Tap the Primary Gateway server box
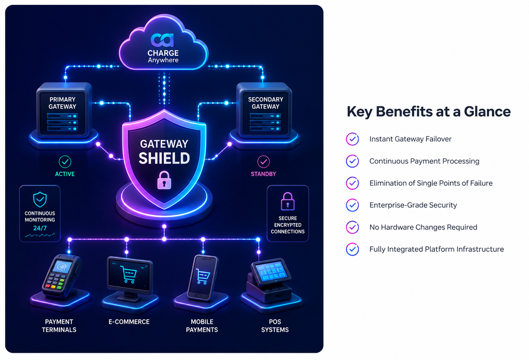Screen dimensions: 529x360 click(63, 111)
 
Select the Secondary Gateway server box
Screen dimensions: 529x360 click(264, 111)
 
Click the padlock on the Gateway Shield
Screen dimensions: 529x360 click(164, 180)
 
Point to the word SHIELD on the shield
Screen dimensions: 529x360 click(164, 158)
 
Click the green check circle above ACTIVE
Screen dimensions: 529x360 click(65, 162)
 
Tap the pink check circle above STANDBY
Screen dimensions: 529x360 click(263, 162)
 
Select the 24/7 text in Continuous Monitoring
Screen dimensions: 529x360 click(40, 228)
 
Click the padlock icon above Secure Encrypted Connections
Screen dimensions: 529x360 click(287, 201)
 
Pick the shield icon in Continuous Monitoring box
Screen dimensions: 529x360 click(40, 199)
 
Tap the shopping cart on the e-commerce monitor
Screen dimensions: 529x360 click(128, 274)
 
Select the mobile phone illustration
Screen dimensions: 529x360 click(203, 277)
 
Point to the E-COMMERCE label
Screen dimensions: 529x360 click(129, 322)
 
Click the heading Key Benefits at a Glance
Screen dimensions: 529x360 click(429, 111)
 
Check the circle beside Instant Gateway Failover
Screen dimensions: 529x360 click(352, 139)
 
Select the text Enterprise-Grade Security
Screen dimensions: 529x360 click(413, 205)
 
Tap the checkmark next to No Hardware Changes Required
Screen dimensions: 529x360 click(352, 227)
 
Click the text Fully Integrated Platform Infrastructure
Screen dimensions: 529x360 click(437, 249)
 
